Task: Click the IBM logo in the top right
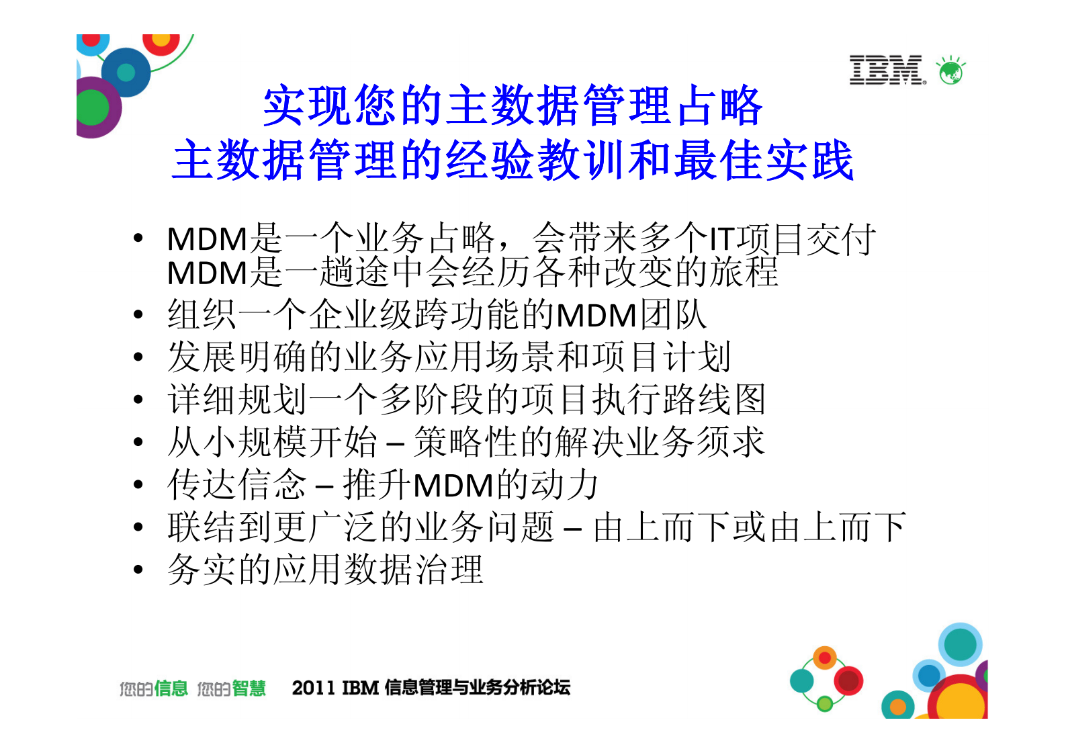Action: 887,70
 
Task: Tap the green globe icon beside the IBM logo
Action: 950,71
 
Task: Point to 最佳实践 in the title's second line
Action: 764,161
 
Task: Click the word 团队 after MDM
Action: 673,315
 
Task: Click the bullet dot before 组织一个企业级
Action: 138,314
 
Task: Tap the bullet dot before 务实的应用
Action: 138,570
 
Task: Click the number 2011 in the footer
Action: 313,688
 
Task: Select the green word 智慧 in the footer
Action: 249,689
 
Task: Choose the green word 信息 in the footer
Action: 171,689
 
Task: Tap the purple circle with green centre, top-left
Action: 95,107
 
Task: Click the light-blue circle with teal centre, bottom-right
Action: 960,644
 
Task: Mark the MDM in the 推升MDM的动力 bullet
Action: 454,486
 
